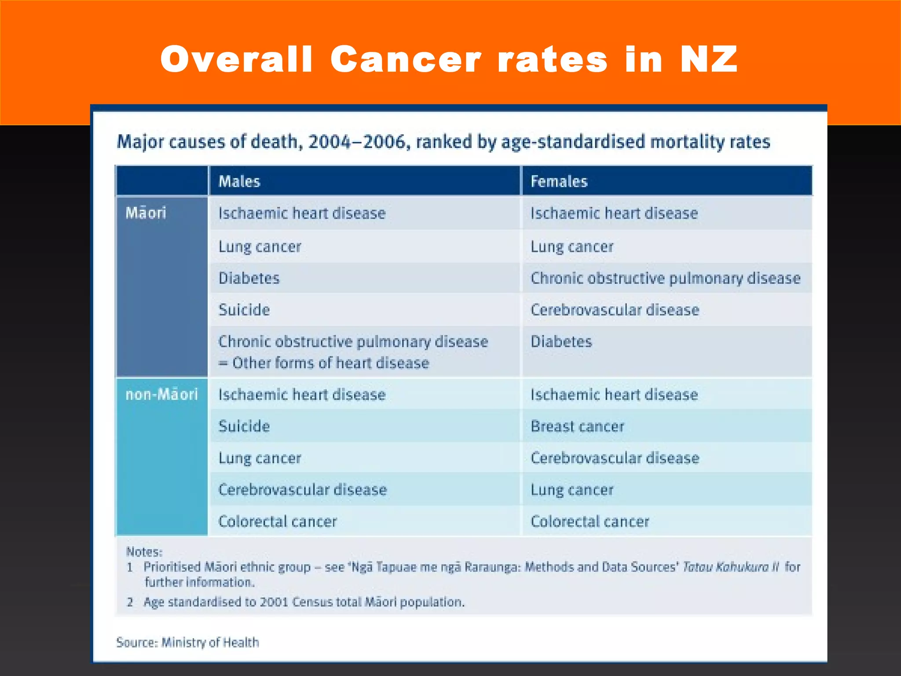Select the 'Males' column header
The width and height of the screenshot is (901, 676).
(239, 181)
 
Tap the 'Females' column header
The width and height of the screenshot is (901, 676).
(559, 181)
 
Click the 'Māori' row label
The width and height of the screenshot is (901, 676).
(146, 213)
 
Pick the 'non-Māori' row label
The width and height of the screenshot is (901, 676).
(161, 394)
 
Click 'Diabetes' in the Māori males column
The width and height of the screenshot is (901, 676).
(249, 278)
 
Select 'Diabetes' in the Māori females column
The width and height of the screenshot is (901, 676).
(561, 342)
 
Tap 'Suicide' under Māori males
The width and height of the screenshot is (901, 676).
(244, 310)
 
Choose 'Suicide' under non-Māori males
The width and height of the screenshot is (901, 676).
(244, 426)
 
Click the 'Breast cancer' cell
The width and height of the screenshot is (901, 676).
(577, 426)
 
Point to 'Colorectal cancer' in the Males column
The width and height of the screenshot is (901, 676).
(278, 522)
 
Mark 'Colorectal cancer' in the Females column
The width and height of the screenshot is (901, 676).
(590, 522)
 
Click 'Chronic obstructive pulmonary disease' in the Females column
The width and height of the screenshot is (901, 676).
(666, 279)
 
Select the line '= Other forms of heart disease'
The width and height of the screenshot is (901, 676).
(324, 363)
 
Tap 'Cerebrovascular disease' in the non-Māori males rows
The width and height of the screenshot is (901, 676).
(303, 489)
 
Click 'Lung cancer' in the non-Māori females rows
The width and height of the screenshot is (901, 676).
(572, 490)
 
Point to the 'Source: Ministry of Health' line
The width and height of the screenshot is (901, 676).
(188, 643)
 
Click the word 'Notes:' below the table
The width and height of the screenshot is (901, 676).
(144, 551)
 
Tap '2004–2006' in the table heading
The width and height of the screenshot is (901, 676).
(357, 142)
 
